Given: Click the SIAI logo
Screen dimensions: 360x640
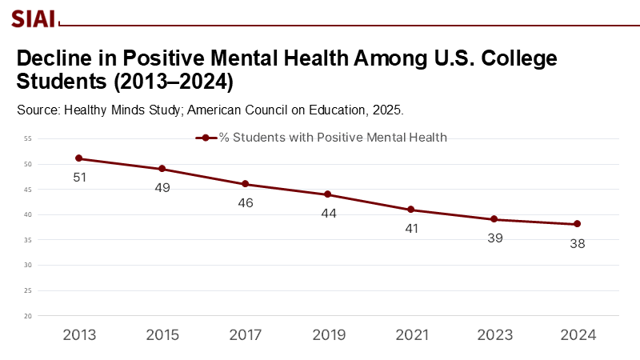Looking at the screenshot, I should pyautogui.click(x=33, y=16).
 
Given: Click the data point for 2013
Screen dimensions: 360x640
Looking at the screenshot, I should pyautogui.click(x=78, y=158).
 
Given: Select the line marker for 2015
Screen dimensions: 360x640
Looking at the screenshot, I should pyautogui.click(x=162, y=169).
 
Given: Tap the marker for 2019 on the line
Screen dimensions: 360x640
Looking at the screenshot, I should pyautogui.click(x=328, y=194).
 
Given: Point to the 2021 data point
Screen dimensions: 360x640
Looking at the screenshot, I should pyautogui.click(x=411, y=210).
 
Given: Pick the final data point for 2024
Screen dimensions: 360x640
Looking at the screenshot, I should pyautogui.click(x=577, y=224).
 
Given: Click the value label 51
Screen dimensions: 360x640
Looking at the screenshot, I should pyautogui.click(x=79, y=177).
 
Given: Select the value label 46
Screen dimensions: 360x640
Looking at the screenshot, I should pyautogui.click(x=245, y=202).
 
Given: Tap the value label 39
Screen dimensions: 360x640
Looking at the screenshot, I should pyautogui.click(x=494, y=238).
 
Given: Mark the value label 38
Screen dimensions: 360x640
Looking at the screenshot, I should pyautogui.click(x=577, y=243).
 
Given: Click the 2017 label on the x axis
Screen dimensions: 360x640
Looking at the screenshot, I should pyautogui.click(x=245, y=335).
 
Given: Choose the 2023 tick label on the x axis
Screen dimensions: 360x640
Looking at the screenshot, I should pyautogui.click(x=494, y=335).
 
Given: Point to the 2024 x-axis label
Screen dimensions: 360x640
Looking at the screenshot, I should pyautogui.click(x=578, y=335).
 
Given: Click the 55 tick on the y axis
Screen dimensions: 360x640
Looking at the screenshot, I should pyautogui.click(x=27, y=138).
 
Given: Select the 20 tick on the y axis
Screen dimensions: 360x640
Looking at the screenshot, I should pyautogui.click(x=27, y=316).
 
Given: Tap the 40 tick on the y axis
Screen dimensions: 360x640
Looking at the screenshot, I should pyautogui.click(x=27, y=214).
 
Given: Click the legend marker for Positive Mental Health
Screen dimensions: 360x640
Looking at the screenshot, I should pyautogui.click(x=206, y=138).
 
